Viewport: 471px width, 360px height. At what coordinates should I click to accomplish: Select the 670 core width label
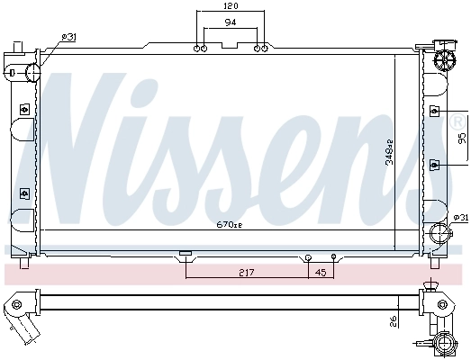click(230, 223)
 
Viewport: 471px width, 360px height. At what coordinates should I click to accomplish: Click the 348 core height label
click(390, 157)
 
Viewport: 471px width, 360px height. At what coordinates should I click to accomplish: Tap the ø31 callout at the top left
click(68, 36)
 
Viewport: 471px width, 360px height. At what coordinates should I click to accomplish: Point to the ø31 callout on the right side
click(459, 217)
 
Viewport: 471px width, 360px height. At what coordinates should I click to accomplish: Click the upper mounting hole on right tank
click(435, 111)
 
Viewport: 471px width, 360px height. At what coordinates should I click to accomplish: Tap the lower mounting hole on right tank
click(435, 164)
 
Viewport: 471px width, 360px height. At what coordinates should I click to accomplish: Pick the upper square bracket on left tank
click(24, 109)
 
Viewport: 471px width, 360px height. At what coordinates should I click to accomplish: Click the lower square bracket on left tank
click(24, 191)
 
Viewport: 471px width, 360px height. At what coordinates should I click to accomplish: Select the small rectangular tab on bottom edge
click(186, 254)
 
